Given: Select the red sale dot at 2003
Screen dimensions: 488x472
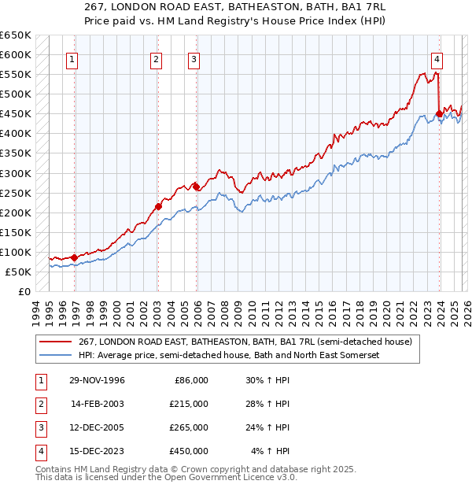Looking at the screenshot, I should pyautogui.click(x=158, y=206).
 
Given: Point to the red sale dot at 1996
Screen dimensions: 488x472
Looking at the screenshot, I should pyautogui.click(x=74, y=257).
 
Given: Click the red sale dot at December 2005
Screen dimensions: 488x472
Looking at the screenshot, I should pyautogui.click(x=196, y=187).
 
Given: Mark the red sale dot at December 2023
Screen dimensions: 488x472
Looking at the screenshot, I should pyautogui.click(x=438, y=113).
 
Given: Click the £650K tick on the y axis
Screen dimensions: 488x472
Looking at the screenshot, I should pyautogui.click(x=16, y=35).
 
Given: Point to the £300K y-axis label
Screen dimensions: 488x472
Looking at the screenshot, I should pyautogui.click(x=16, y=173).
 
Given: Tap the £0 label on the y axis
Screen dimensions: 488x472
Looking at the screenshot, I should pyautogui.click(x=24, y=291).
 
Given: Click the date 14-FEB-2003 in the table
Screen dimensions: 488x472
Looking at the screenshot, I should pyautogui.click(x=98, y=404).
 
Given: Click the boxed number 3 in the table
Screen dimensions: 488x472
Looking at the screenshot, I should pyautogui.click(x=39, y=427).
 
